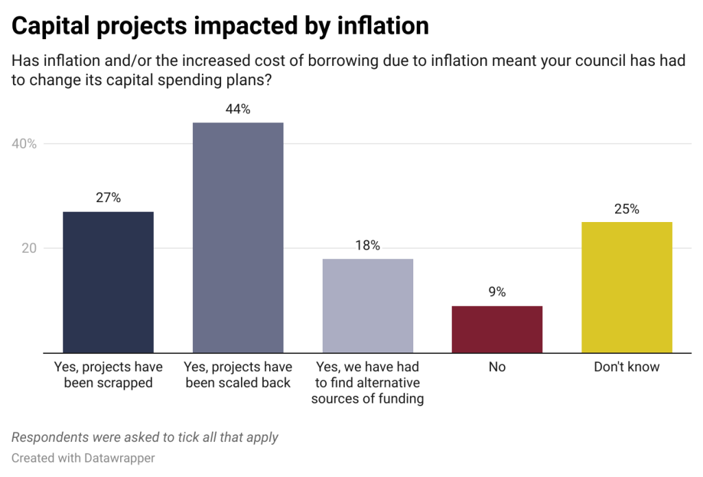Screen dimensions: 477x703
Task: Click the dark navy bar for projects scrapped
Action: coord(108,282)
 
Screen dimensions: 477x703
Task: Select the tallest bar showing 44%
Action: coord(238,237)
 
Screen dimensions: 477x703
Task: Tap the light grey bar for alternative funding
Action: coord(367,305)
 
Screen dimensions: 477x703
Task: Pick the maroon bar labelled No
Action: coord(497,329)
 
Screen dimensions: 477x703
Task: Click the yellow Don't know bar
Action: coord(627,287)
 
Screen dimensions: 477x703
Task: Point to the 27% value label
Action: coord(108,198)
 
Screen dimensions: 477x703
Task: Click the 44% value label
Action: coord(238,109)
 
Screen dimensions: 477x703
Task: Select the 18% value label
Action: coord(367,245)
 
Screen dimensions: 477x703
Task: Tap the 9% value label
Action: coord(497,292)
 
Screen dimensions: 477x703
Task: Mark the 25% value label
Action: coord(627,209)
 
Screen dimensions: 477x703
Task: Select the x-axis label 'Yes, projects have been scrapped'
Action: coord(108,375)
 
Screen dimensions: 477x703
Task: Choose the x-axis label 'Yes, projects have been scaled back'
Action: coord(238,375)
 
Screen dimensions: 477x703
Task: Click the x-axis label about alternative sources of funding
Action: coord(367,383)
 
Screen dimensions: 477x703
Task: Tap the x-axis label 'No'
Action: coord(497,367)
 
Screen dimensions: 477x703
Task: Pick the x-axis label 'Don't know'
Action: coord(627,367)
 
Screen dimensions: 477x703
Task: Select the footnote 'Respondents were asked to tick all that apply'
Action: coord(145,437)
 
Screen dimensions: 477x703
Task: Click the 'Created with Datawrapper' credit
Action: coord(83,458)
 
